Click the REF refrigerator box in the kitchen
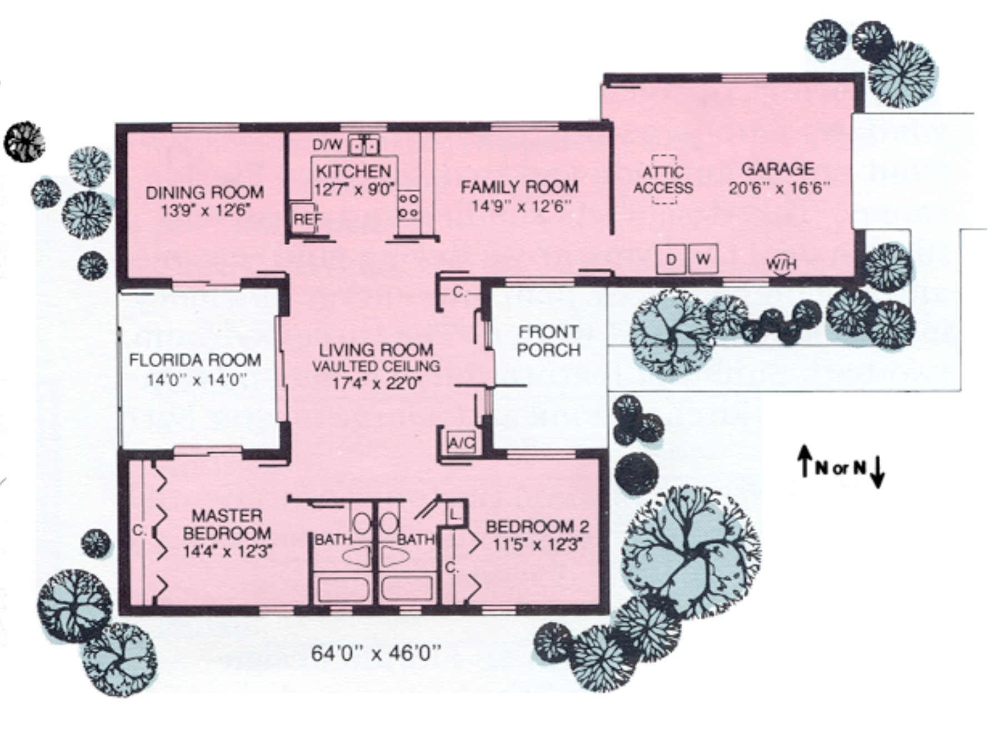point(305,219)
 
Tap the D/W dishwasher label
point(327,145)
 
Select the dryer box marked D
point(671,259)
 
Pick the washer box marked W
point(703,259)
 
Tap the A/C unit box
point(462,443)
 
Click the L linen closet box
point(455,514)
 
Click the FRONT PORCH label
point(548,341)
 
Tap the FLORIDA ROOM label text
point(195,360)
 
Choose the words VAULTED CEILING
point(376,367)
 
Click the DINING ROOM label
point(204,193)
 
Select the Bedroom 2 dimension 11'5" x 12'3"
point(537,544)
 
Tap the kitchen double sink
point(364,145)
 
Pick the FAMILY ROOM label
point(520,187)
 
